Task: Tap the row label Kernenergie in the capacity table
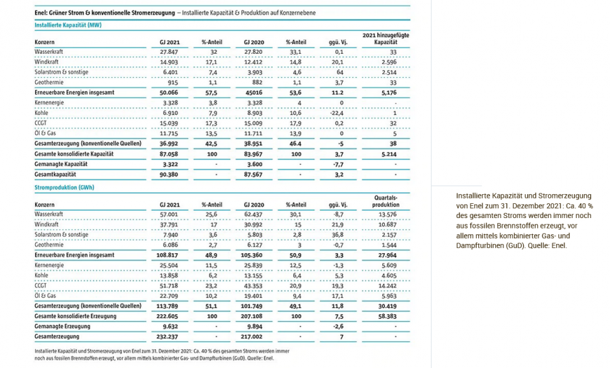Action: [51, 103]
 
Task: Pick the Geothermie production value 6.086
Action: [169, 245]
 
